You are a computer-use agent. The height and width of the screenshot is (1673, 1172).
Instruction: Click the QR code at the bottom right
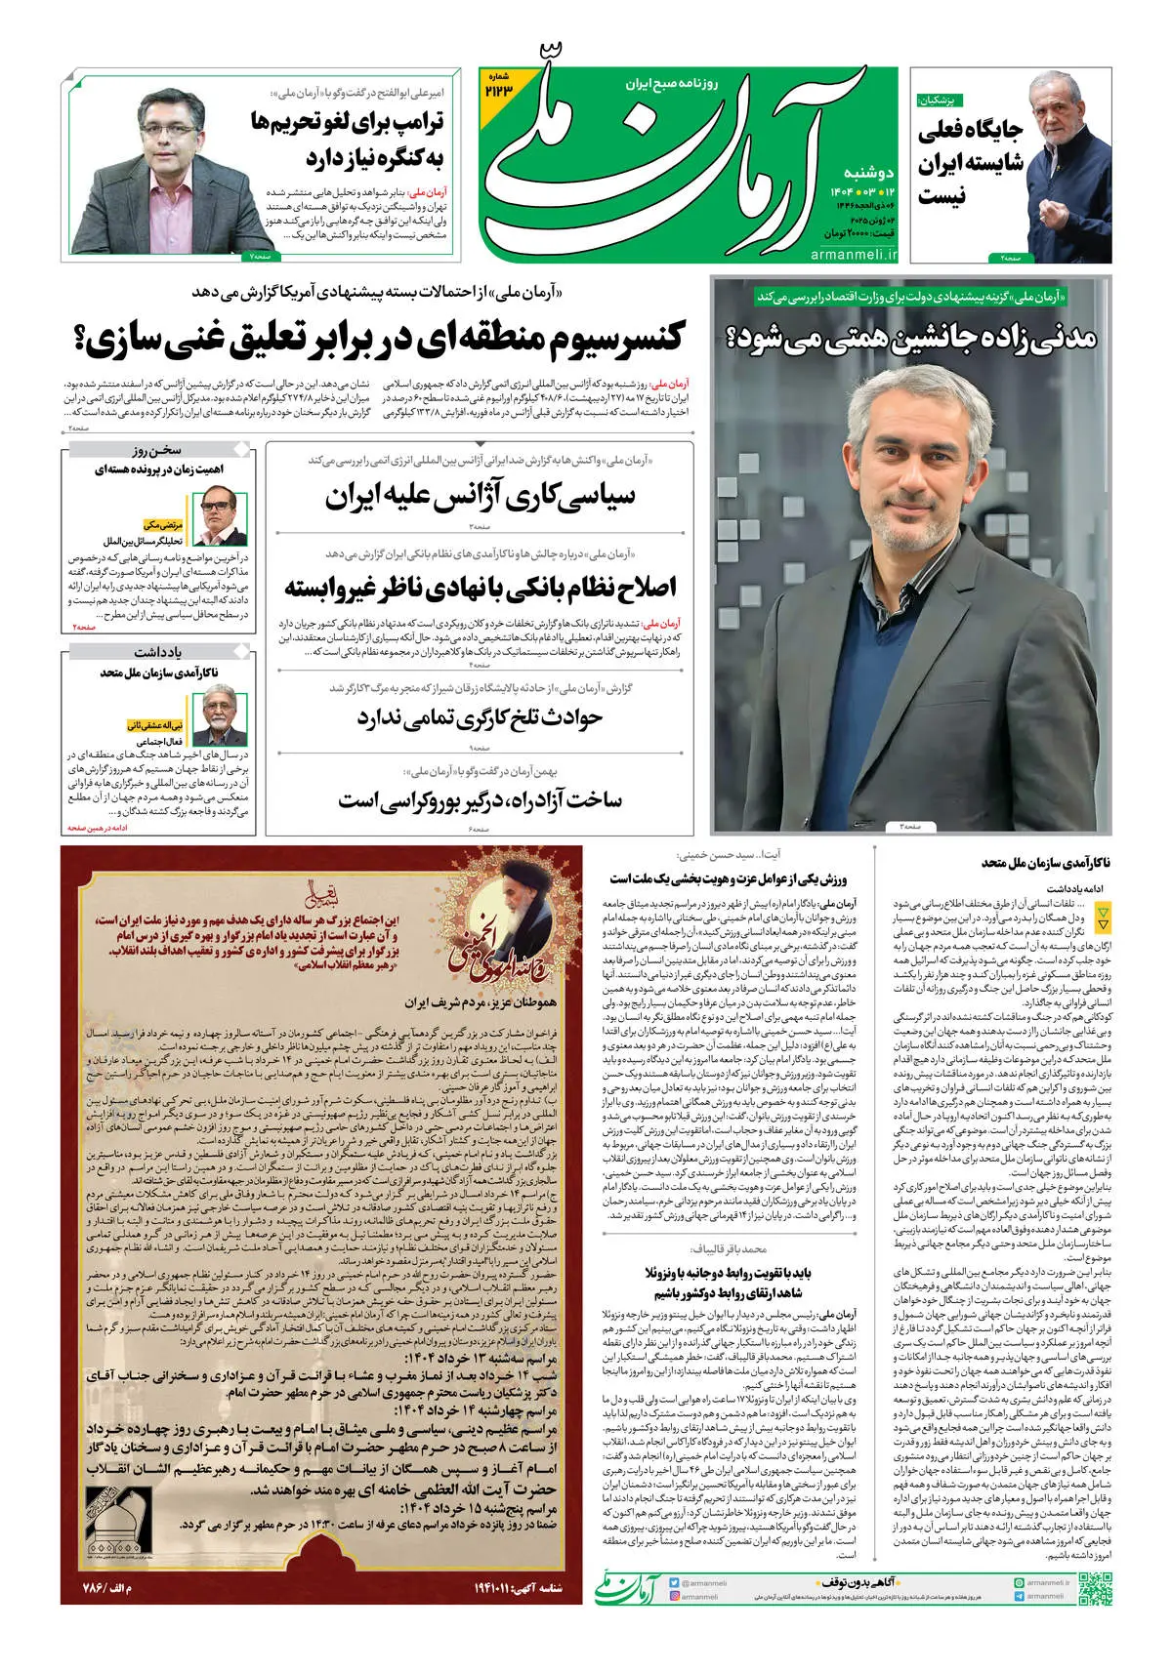(1095, 1589)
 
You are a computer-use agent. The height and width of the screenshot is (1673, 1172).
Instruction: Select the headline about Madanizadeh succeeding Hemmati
(910, 338)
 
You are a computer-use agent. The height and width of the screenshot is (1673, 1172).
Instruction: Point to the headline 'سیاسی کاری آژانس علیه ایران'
(480, 497)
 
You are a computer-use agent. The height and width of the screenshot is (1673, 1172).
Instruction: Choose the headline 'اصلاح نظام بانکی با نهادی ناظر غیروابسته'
(480, 588)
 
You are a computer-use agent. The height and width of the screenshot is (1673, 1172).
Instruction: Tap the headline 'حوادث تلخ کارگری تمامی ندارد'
(480, 719)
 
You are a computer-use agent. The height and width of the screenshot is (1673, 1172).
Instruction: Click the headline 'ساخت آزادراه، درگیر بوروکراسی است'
(480, 800)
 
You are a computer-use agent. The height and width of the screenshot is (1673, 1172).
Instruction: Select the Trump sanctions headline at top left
(347, 140)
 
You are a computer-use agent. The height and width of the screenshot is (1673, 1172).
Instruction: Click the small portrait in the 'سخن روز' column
(219, 516)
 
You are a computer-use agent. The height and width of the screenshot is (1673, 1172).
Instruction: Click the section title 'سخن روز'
(156, 450)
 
